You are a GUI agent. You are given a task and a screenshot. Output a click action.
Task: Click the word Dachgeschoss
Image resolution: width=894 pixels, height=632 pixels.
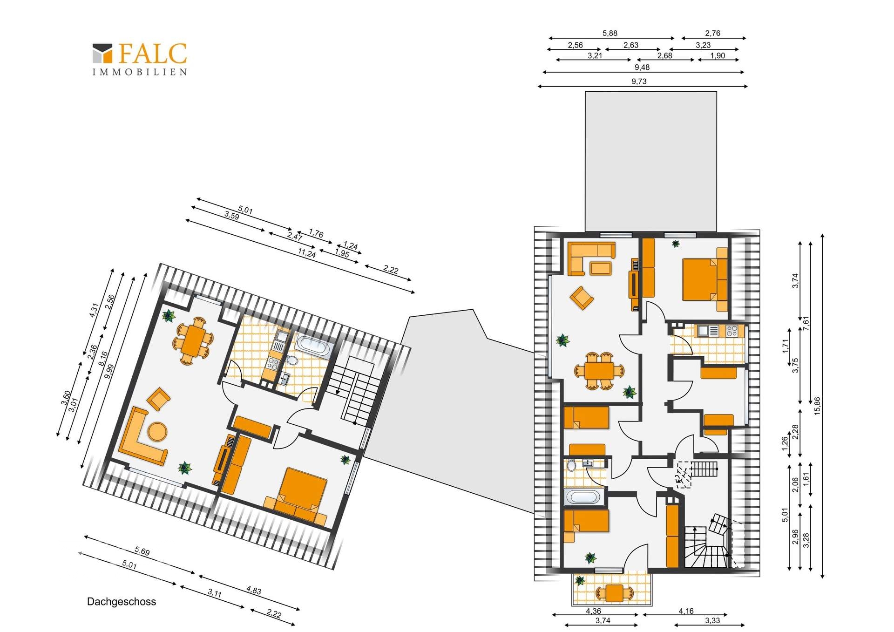coord(122,602)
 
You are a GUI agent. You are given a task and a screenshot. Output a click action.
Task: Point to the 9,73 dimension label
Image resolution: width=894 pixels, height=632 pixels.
coord(639,81)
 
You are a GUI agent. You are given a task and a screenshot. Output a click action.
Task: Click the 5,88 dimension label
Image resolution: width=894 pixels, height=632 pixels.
coord(610,33)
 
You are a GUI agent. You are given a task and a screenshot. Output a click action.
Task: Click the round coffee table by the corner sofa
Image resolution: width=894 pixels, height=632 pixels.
coord(157,431)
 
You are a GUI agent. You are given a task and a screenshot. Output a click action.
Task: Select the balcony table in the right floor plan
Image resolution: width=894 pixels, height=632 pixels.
coord(615,593)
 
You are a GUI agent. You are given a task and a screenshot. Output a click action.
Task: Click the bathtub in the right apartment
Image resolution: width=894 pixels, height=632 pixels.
coord(583,497)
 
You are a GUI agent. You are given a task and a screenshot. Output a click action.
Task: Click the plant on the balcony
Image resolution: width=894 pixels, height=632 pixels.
coord(580,580)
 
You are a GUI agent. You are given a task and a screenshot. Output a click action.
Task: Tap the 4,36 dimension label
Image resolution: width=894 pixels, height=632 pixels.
coord(593,611)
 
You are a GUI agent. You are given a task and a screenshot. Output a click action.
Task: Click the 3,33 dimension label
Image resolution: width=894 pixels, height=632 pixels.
coord(712,620)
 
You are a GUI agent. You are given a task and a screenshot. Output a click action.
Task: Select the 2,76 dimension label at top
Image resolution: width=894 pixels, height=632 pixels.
coord(712,33)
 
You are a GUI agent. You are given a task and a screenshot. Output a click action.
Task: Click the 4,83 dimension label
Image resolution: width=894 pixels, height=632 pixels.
coord(253,591)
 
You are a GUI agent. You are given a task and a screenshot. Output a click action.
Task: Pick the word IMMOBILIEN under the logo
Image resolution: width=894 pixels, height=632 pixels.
coord(140,72)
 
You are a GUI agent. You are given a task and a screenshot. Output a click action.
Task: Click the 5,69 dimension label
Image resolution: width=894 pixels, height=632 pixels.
coord(142,551)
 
